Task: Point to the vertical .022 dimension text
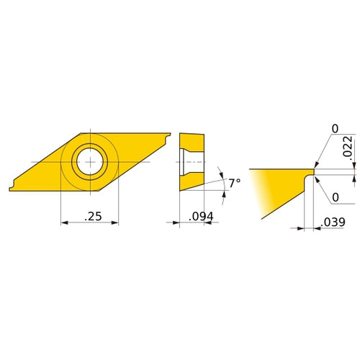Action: (346, 148)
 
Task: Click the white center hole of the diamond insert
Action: (90, 163)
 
